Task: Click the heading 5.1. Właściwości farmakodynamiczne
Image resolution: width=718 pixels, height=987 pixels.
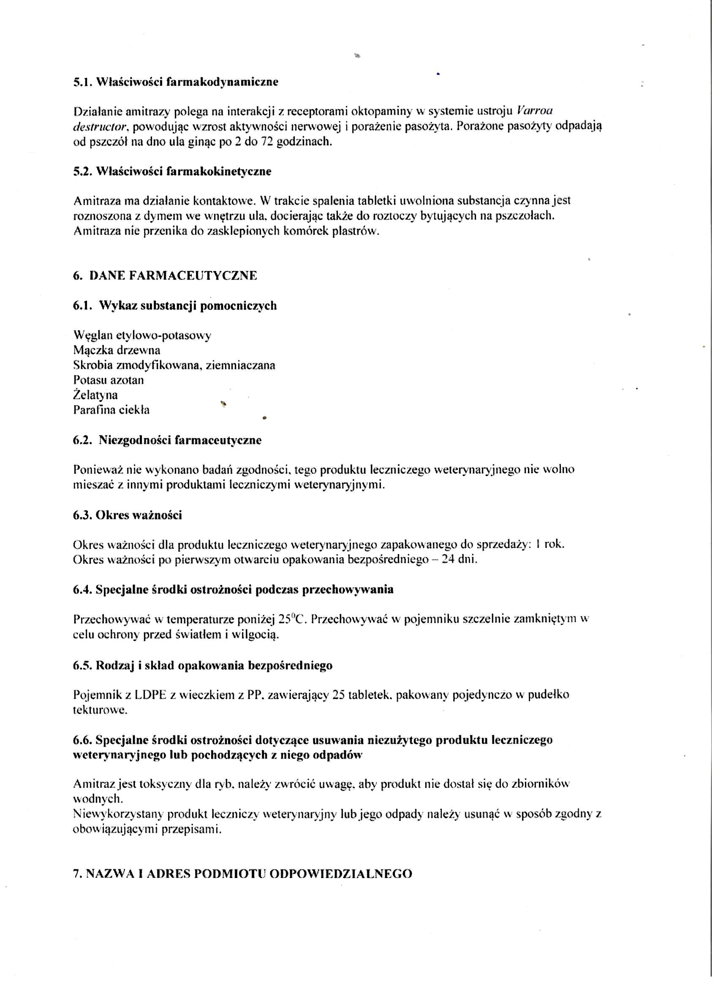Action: pos(175,82)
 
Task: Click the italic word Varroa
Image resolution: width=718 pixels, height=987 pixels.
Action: pos(534,111)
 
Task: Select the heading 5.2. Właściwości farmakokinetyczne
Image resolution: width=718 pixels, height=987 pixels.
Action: pos(172,171)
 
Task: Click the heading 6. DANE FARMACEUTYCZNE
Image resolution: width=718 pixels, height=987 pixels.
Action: pos(165,276)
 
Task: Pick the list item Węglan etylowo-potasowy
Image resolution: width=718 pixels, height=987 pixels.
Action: pos(142,336)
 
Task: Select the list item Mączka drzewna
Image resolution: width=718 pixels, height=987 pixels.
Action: pos(117,350)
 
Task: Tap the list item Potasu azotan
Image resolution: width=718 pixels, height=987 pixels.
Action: pos(109,380)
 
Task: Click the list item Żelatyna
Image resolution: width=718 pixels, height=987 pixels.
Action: pos(95,395)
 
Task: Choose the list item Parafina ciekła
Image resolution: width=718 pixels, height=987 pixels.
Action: pos(111,410)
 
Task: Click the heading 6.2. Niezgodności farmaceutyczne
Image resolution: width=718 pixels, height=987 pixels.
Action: pos(167,440)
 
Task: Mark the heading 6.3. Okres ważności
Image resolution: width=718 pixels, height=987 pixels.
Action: pos(127,515)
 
